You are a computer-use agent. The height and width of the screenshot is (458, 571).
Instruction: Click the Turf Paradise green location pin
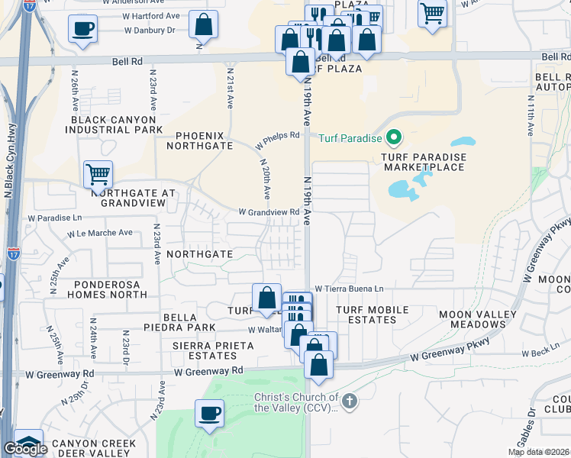[394, 138]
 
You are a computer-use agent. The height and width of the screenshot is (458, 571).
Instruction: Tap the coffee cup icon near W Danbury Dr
[82, 31]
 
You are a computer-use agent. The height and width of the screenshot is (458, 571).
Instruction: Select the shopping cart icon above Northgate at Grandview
[98, 175]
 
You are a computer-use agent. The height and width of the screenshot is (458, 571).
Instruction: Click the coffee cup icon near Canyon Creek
[209, 414]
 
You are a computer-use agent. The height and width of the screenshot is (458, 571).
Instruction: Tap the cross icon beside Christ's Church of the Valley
[349, 401]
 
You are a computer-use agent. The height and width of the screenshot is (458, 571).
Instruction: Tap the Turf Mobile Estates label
[372, 314]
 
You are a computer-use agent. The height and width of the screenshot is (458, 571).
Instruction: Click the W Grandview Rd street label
[269, 212]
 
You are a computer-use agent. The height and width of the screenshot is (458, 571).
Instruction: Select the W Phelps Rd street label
[277, 140]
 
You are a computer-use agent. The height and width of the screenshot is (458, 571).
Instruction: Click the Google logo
[25, 449]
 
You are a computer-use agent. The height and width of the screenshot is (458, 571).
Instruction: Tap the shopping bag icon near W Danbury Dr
[204, 25]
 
